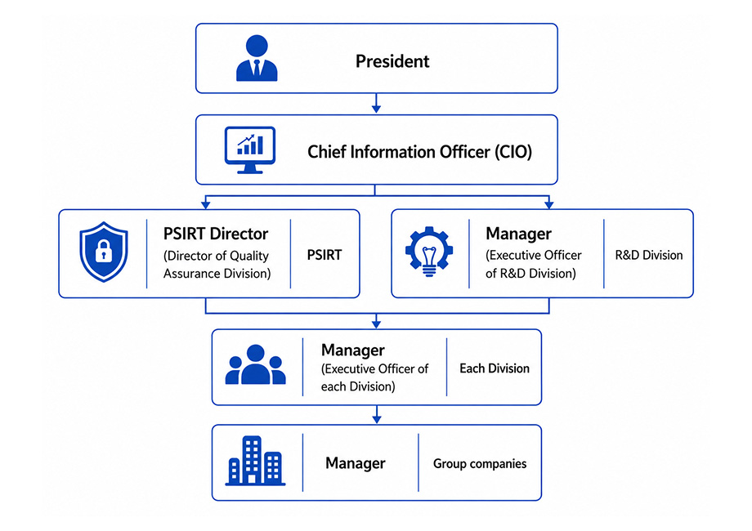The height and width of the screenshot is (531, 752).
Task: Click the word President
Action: (392, 61)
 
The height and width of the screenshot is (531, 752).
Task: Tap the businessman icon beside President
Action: (257, 58)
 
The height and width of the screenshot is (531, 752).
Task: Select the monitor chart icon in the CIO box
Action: (250, 150)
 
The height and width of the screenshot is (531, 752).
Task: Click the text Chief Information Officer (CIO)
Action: (419, 152)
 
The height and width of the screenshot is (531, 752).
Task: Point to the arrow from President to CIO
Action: (377, 103)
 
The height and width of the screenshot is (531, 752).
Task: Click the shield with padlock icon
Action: (104, 252)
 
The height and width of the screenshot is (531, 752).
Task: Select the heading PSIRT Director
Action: (216, 234)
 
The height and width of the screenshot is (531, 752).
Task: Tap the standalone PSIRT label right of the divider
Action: (325, 255)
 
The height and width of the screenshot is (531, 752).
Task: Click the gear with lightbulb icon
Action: (429, 252)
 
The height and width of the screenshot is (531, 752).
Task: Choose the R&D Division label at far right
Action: (649, 255)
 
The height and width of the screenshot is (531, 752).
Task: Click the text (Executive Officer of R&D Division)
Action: (533, 264)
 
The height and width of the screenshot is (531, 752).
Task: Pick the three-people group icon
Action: (256, 364)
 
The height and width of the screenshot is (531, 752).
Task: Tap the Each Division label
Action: (495, 368)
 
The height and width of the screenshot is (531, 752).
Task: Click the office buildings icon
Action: (255, 461)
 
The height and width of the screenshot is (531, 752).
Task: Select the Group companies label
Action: (480, 463)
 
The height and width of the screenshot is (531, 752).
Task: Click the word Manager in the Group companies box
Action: (356, 463)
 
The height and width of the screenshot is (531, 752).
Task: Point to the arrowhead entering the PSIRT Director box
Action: (206, 205)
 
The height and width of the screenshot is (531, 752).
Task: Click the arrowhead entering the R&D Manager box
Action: (549, 205)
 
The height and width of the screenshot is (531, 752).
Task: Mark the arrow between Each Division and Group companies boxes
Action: (377, 414)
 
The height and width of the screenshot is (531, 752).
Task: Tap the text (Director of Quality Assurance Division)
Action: (217, 265)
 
